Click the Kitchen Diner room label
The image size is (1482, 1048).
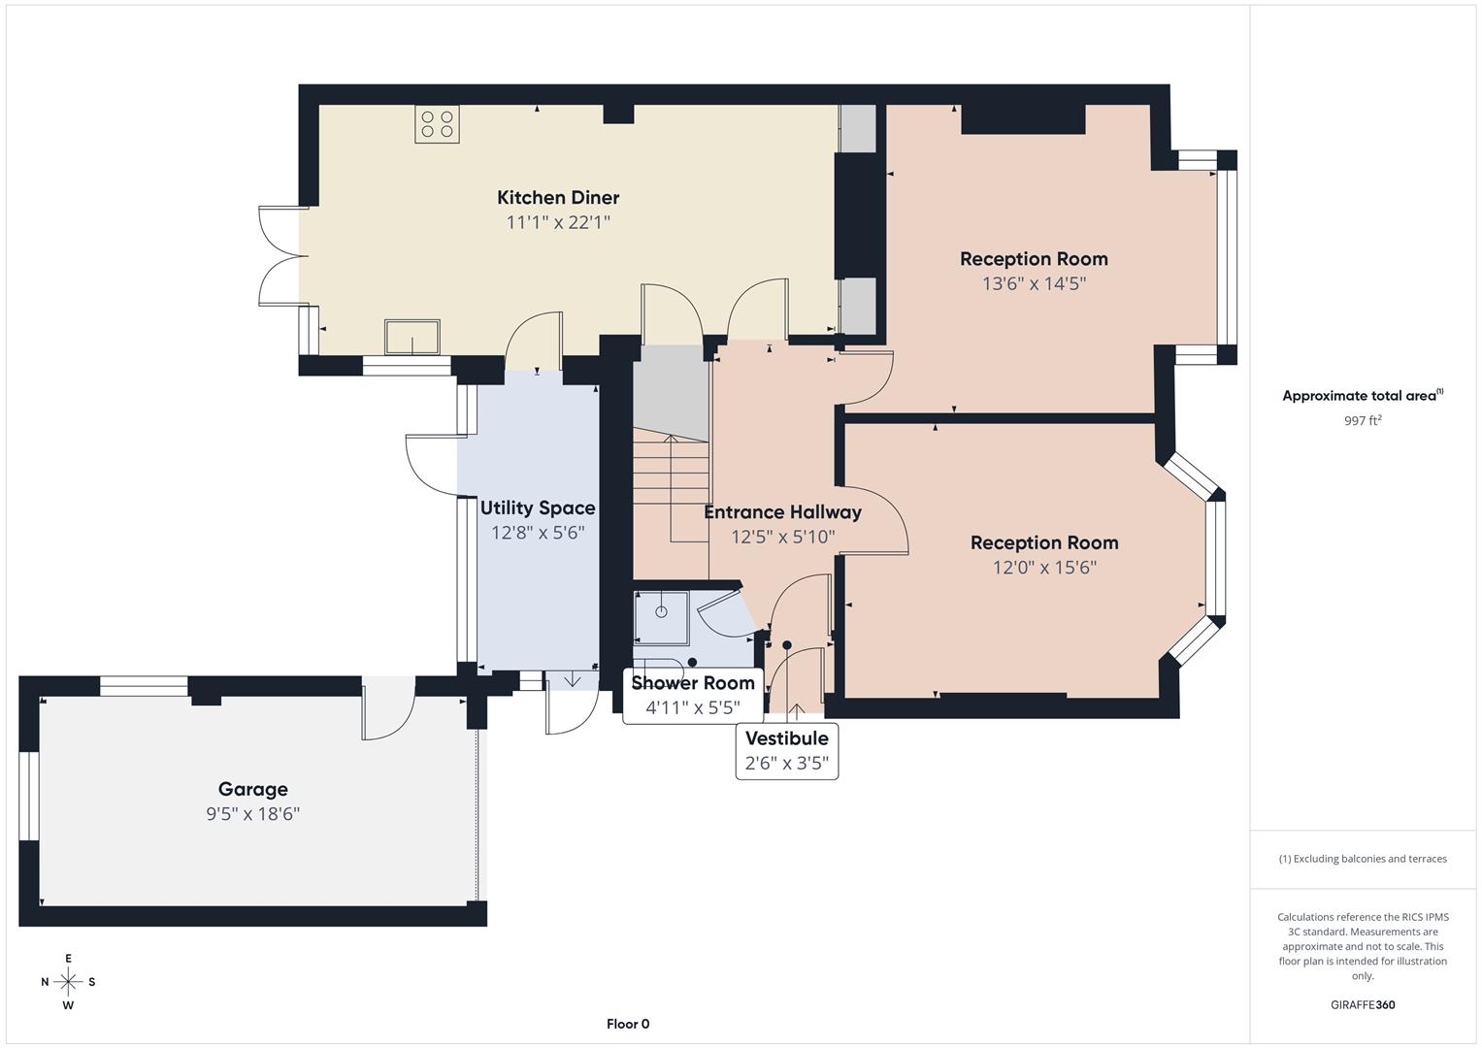point(558,198)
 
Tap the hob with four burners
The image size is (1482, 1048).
point(437,124)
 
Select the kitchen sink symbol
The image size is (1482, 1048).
point(412,338)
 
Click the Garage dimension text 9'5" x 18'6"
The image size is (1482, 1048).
point(252,814)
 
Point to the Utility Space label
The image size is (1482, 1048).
point(538,508)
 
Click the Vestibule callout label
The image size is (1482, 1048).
point(786,738)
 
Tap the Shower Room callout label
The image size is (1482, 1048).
point(693,683)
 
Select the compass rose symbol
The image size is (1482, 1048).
point(68,981)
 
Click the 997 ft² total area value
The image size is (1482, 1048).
point(1362,421)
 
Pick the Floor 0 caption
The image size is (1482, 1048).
point(628,1024)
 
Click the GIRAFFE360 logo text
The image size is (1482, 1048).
point(1362,1005)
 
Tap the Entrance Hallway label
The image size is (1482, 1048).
point(782,512)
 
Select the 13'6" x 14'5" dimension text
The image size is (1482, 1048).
point(1034,284)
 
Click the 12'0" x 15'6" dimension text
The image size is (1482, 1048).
point(1044,568)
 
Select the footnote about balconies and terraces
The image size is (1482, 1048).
point(1362,859)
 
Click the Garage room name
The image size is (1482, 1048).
point(252,790)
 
